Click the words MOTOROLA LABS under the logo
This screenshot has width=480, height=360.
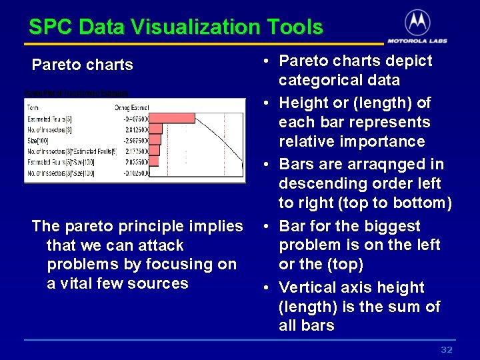417,40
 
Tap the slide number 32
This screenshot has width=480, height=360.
447,350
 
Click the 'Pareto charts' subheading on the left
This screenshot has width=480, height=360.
83,65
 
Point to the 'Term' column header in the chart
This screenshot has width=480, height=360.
33,107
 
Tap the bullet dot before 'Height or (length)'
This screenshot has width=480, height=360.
265,103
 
